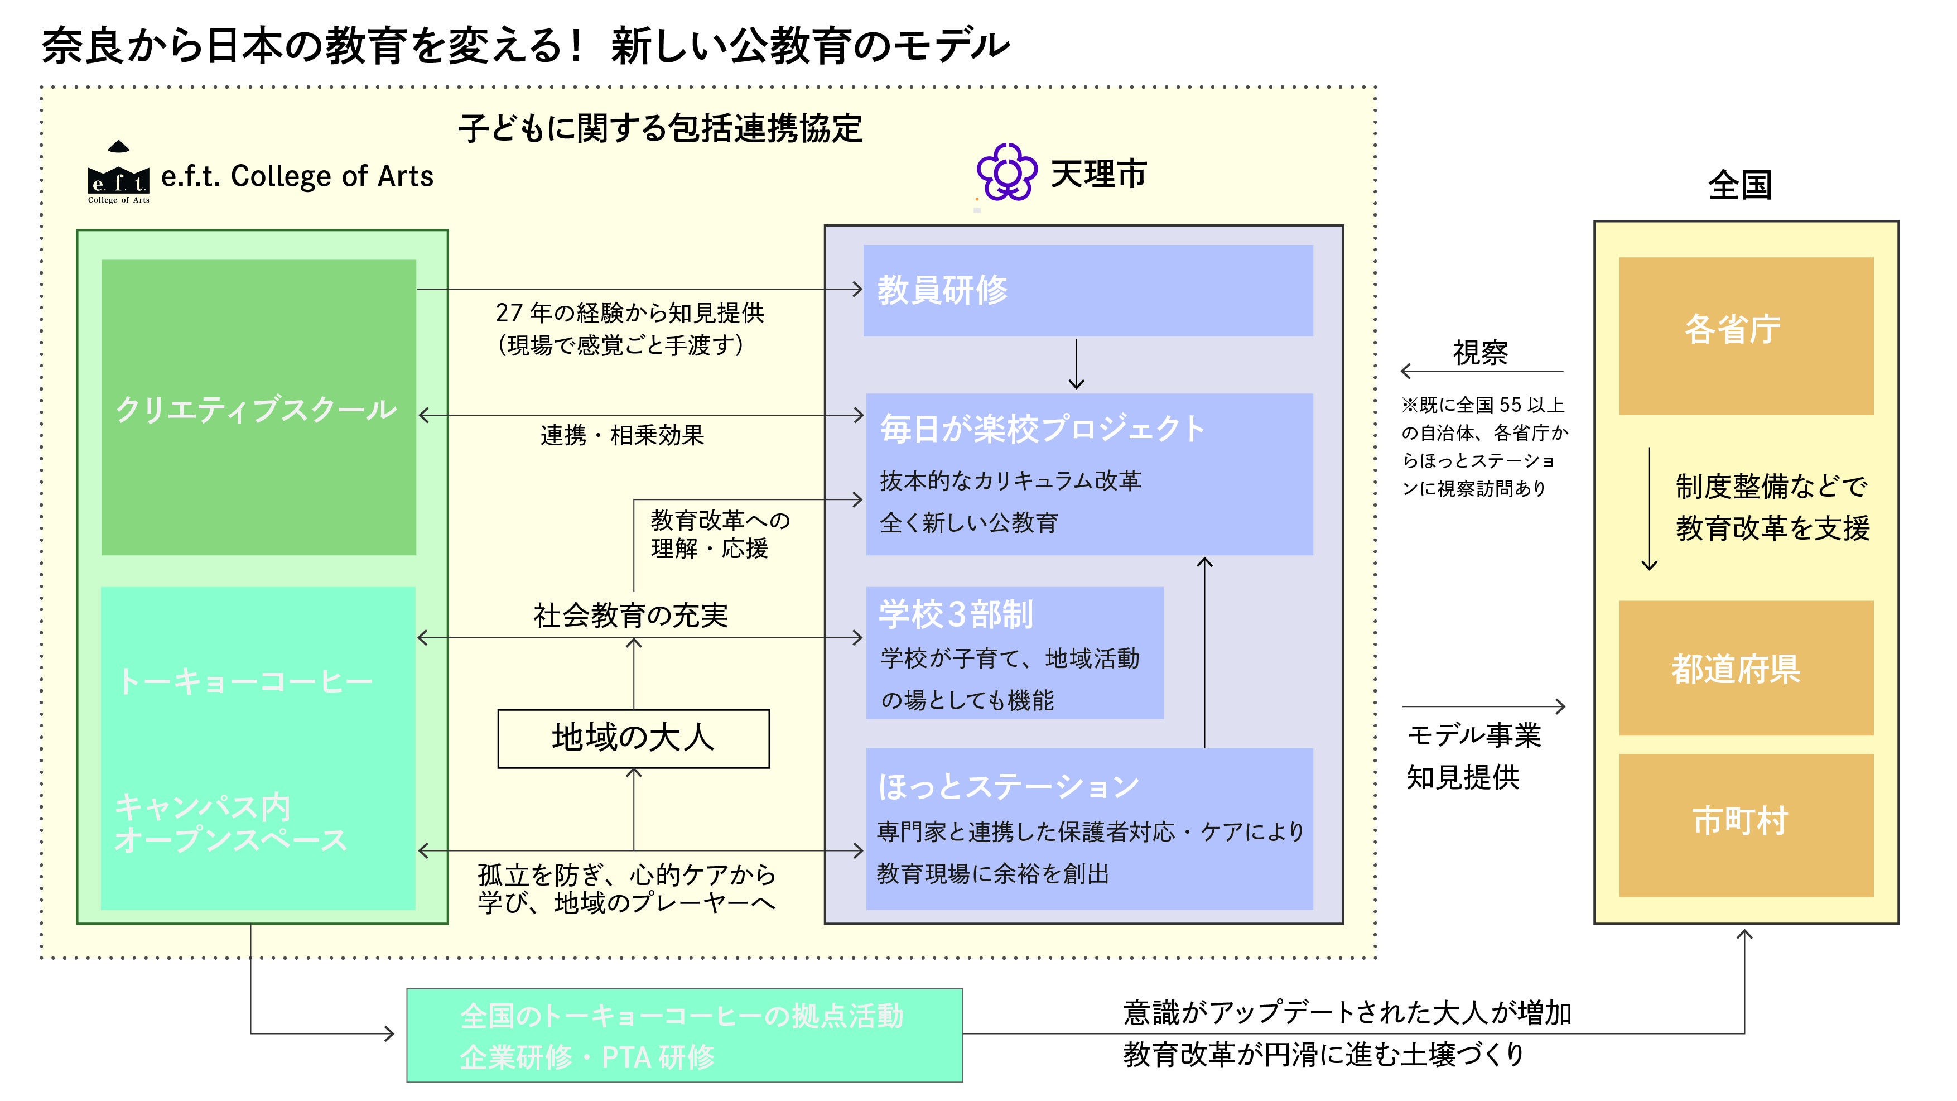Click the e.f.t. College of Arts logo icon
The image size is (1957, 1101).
click(118, 173)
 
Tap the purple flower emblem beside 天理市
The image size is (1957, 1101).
click(1006, 172)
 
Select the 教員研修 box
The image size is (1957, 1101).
click(1087, 290)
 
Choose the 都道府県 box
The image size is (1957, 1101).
click(1745, 668)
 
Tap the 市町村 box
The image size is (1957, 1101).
click(1745, 824)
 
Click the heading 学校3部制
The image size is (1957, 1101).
click(956, 615)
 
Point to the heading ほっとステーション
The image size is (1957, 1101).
click(1008, 786)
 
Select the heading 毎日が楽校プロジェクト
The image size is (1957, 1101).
click(1042, 429)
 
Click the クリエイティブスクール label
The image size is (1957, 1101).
click(256, 410)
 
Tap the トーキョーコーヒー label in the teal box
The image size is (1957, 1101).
click(244, 681)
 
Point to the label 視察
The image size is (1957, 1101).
click(1480, 353)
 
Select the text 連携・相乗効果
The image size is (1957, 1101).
click(622, 435)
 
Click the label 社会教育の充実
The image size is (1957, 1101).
click(630, 616)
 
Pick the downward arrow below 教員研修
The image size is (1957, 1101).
click(1076, 365)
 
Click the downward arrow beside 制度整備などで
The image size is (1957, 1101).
click(1649, 509)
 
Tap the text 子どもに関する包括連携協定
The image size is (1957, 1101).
click(660, 128)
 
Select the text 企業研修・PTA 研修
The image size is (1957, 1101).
click(587, 1057)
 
